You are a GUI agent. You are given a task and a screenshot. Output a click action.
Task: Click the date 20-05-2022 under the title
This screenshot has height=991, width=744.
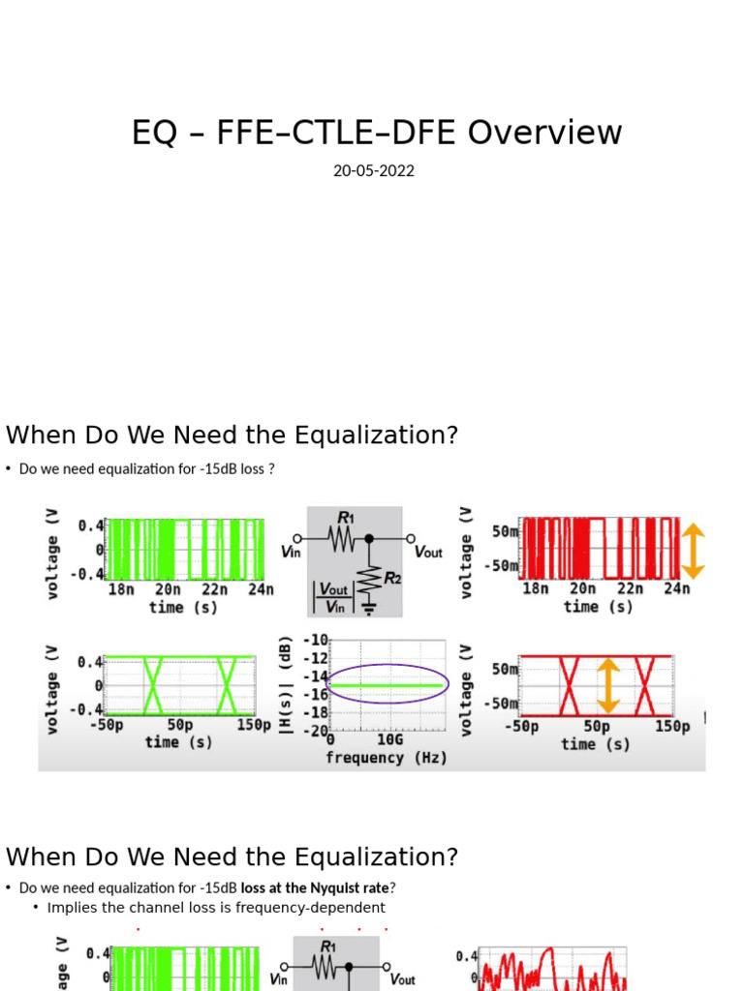(x=374, y=171)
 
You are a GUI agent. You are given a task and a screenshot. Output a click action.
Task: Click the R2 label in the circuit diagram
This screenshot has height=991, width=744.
(x=393, y=578)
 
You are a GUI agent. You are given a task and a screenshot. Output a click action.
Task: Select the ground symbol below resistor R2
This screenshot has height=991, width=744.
(x=368, y=609)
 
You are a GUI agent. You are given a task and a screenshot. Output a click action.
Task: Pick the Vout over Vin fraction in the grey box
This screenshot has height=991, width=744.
(x=333, y=597)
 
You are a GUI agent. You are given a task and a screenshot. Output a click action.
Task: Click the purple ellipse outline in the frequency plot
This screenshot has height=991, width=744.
(x=387, y=666)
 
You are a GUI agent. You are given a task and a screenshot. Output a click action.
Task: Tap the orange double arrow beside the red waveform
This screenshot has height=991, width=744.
(x=694, y=551)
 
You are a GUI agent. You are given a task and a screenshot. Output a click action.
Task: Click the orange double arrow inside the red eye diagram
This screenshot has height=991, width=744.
(x=607, y=685)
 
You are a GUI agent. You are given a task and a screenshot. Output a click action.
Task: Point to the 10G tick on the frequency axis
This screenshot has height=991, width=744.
(x=390, y=739)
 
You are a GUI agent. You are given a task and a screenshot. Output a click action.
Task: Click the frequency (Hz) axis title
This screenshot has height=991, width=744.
(x=387, y=758)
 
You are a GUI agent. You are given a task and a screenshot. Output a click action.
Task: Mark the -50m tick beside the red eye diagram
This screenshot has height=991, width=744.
(x=504, y=704)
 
